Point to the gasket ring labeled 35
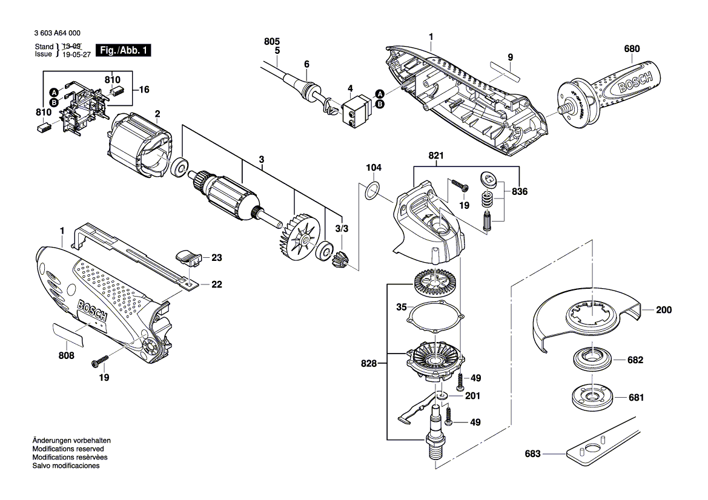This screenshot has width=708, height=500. pos(434,317)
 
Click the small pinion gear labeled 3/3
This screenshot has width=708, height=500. pos(341,262)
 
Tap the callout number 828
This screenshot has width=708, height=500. pos(368,364)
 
